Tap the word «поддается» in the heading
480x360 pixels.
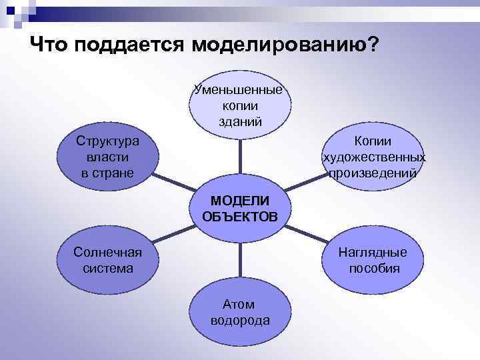click(x=129, y=45)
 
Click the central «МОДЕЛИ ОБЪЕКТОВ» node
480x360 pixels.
click(x=240, y=208)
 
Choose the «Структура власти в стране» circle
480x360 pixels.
click(x=107, y=157)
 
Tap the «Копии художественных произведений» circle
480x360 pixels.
click(x=373, y=157)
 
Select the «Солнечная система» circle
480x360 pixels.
click(x=107, y=260)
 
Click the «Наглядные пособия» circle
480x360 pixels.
click(x=373, y=260)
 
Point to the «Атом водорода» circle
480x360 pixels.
click(x=240, y=312)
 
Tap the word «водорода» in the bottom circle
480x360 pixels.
click(x=240, y=320)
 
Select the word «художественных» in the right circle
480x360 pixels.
click(x=373, y=157)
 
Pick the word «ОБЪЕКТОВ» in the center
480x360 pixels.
click(x=240, y=216)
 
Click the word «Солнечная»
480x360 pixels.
click(x=107, y=252)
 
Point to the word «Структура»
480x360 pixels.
click(x=107, y=141)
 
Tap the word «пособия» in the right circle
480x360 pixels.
click(x=373, y=269)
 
